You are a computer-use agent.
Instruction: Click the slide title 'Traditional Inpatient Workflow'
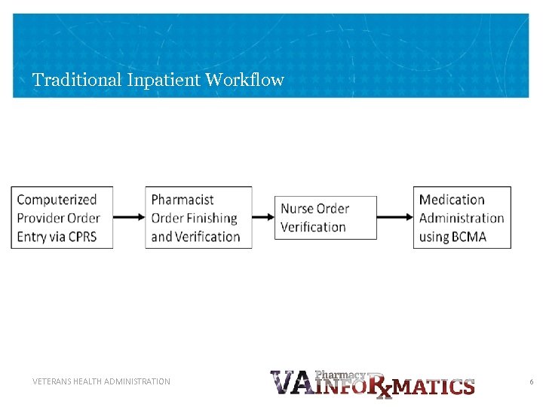pos(158,79)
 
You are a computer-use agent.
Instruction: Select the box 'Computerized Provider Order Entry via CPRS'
pos(63,218)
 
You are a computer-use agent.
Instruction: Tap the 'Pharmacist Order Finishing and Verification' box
pos(198,218)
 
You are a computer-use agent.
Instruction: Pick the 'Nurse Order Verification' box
pos(325,218)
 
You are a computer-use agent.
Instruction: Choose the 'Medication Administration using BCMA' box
pos(462,218)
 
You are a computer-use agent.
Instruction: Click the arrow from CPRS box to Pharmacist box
pos(129,218)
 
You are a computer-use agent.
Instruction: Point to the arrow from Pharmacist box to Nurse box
pos(263,218)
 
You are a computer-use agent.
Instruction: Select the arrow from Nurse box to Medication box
pos(394,218)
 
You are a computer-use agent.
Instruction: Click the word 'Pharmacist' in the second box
pos(183,200)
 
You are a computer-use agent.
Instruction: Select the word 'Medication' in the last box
pos(452,200)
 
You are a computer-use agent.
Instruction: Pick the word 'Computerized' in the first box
pos(57,200)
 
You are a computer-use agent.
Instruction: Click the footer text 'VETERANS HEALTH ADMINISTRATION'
pos(101,381)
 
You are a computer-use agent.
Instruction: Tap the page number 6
pos(531,382)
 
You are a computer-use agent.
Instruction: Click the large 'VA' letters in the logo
pos(290,384)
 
